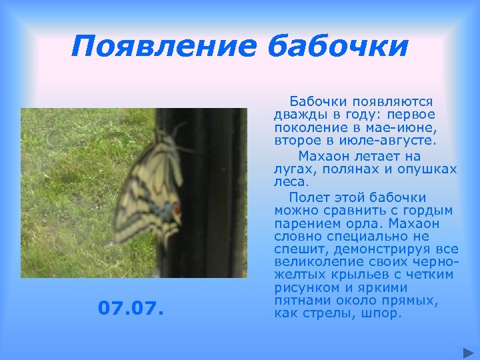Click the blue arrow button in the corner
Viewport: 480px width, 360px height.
467,351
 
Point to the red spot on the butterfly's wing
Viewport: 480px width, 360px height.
177,210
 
